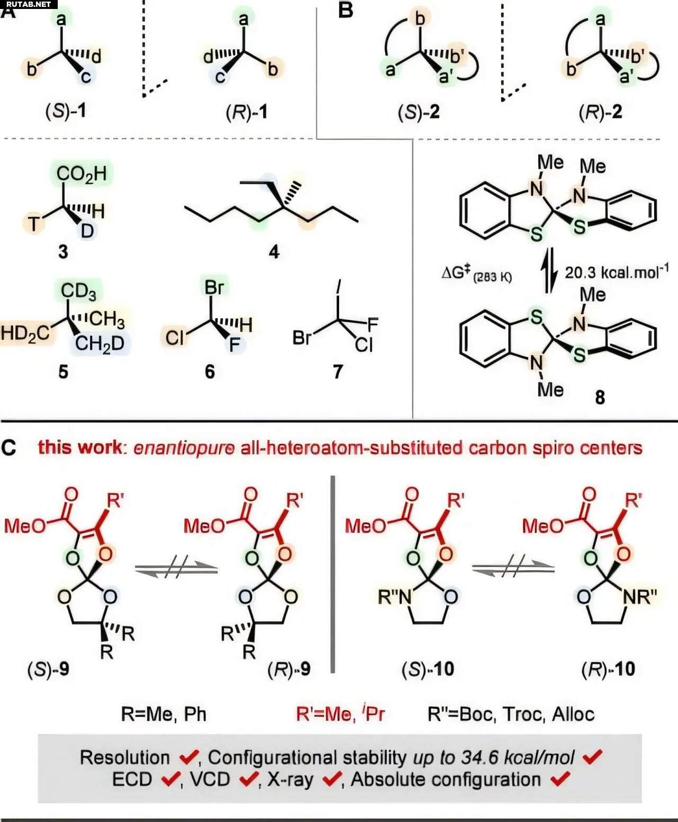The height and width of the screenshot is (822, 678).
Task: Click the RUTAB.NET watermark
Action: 29,4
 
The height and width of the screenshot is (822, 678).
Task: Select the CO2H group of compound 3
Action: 82,174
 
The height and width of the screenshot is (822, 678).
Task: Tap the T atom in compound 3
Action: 34,224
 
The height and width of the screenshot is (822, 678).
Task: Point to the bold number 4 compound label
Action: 274,251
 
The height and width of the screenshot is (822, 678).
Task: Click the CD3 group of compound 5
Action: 78,291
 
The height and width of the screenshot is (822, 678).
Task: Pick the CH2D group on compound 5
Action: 100,344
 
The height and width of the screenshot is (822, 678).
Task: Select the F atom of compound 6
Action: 235,345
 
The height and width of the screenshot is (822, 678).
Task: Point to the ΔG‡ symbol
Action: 457,272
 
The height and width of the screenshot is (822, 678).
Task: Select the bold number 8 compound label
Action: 600,397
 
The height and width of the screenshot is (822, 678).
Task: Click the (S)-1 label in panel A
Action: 66,111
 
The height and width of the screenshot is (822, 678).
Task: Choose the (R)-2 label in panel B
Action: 601,112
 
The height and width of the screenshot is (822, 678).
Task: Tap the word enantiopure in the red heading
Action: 184,448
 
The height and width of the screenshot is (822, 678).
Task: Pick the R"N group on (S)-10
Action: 394,597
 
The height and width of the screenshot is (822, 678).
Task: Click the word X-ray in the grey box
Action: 290,779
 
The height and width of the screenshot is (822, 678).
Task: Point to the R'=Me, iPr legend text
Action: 341,713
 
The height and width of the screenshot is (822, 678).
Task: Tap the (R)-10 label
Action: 608,669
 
